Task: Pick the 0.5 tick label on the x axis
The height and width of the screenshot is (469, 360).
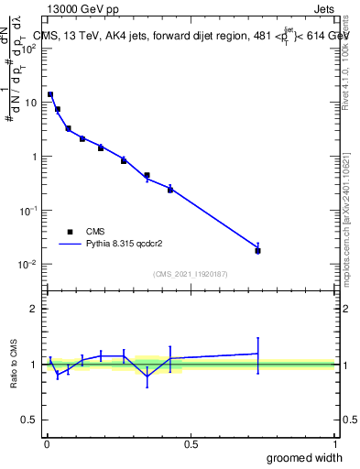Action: [191, 444]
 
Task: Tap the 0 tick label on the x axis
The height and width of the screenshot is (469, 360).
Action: [47, 444]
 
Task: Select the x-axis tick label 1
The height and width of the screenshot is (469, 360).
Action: [334, 444]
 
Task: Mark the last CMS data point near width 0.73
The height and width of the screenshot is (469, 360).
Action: [257, 250]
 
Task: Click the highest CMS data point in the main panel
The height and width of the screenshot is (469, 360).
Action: [50, 94]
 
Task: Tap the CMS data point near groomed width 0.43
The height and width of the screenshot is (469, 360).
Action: [170, 190]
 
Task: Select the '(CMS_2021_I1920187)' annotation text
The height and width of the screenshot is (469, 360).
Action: [190, 273]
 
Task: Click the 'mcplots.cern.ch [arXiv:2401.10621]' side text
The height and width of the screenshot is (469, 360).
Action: [346, 202]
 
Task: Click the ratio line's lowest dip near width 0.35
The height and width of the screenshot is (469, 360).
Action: [147, 376]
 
